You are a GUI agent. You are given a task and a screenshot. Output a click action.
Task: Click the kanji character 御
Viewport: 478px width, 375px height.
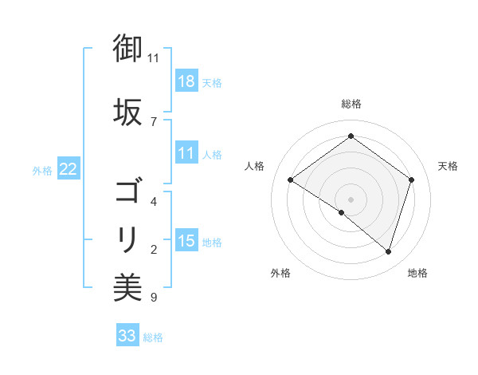point(127,49)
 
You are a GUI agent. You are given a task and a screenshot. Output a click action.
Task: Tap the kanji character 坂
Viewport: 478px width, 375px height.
point(127,112)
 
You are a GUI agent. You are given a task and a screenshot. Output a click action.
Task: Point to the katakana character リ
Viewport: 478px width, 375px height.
point(127,238)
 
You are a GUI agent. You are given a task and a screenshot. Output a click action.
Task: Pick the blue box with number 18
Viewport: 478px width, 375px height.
point(186,81)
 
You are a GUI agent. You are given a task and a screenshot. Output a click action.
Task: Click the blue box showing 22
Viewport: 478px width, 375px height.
point(69,169)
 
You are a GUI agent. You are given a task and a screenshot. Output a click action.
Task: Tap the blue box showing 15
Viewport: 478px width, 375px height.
point(186,240)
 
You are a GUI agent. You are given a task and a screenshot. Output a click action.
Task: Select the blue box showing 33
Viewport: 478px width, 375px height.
point(127,336)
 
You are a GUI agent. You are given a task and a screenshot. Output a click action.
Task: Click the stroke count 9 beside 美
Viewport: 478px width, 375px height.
point(153,298)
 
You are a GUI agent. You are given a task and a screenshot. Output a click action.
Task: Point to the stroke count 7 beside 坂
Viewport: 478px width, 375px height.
point(153,122)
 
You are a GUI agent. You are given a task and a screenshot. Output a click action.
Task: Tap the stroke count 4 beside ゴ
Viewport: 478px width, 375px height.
point(153,201)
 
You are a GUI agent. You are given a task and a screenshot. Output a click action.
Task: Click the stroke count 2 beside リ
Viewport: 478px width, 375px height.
point(153,250)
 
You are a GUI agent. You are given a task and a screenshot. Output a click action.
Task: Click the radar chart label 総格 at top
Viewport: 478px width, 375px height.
point(351,104)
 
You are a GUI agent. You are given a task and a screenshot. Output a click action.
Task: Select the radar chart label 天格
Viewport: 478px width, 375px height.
point(448,166)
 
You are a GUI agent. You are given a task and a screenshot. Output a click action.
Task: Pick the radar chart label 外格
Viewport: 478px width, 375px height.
point(280,273)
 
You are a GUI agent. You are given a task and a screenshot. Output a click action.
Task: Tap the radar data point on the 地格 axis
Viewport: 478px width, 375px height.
point(388,251)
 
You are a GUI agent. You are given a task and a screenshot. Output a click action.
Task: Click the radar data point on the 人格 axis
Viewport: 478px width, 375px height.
point(291,180)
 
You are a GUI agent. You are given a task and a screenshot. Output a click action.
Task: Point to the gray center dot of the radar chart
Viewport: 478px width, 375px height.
point(351,199)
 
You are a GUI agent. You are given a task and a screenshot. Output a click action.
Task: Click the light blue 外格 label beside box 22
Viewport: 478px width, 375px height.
point(42,170)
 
